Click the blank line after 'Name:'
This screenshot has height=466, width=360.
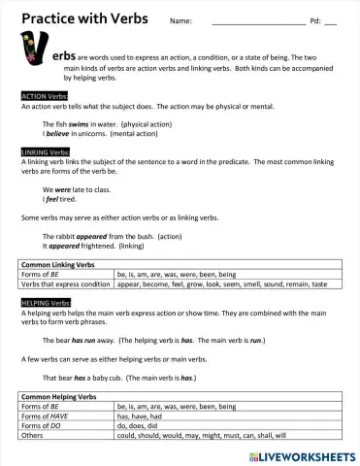point(258,22)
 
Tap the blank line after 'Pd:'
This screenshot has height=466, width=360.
point(331,22)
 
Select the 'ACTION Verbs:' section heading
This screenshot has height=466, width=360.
point(45,96)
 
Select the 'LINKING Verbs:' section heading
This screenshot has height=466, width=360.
point(46,152)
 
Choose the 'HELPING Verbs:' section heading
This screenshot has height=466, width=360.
point(46,303)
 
